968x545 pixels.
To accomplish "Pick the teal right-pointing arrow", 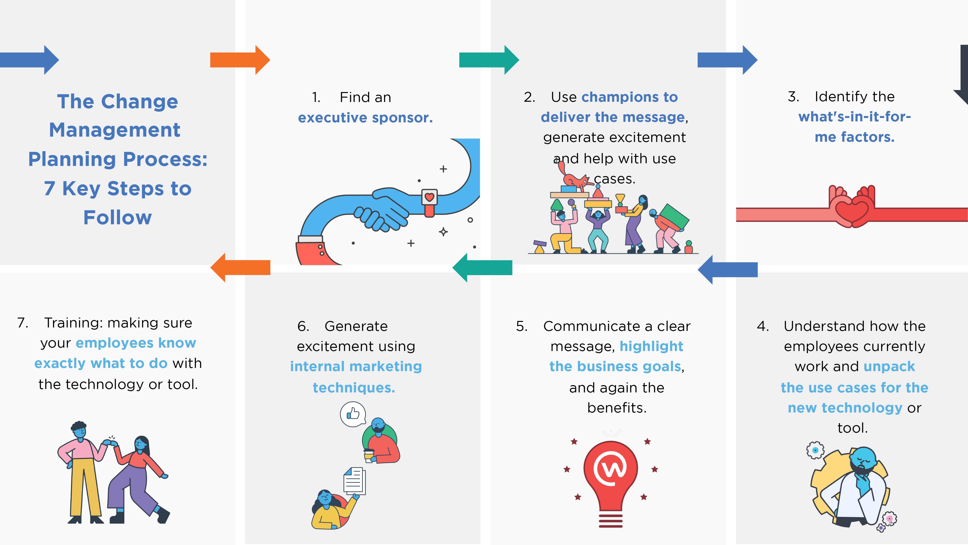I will coord(489,60).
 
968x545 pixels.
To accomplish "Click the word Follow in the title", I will coord(118,218).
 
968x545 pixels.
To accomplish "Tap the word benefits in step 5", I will coord(617,408).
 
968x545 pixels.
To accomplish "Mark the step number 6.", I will coord(303,326).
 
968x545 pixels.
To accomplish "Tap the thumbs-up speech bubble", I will coord(353,414).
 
